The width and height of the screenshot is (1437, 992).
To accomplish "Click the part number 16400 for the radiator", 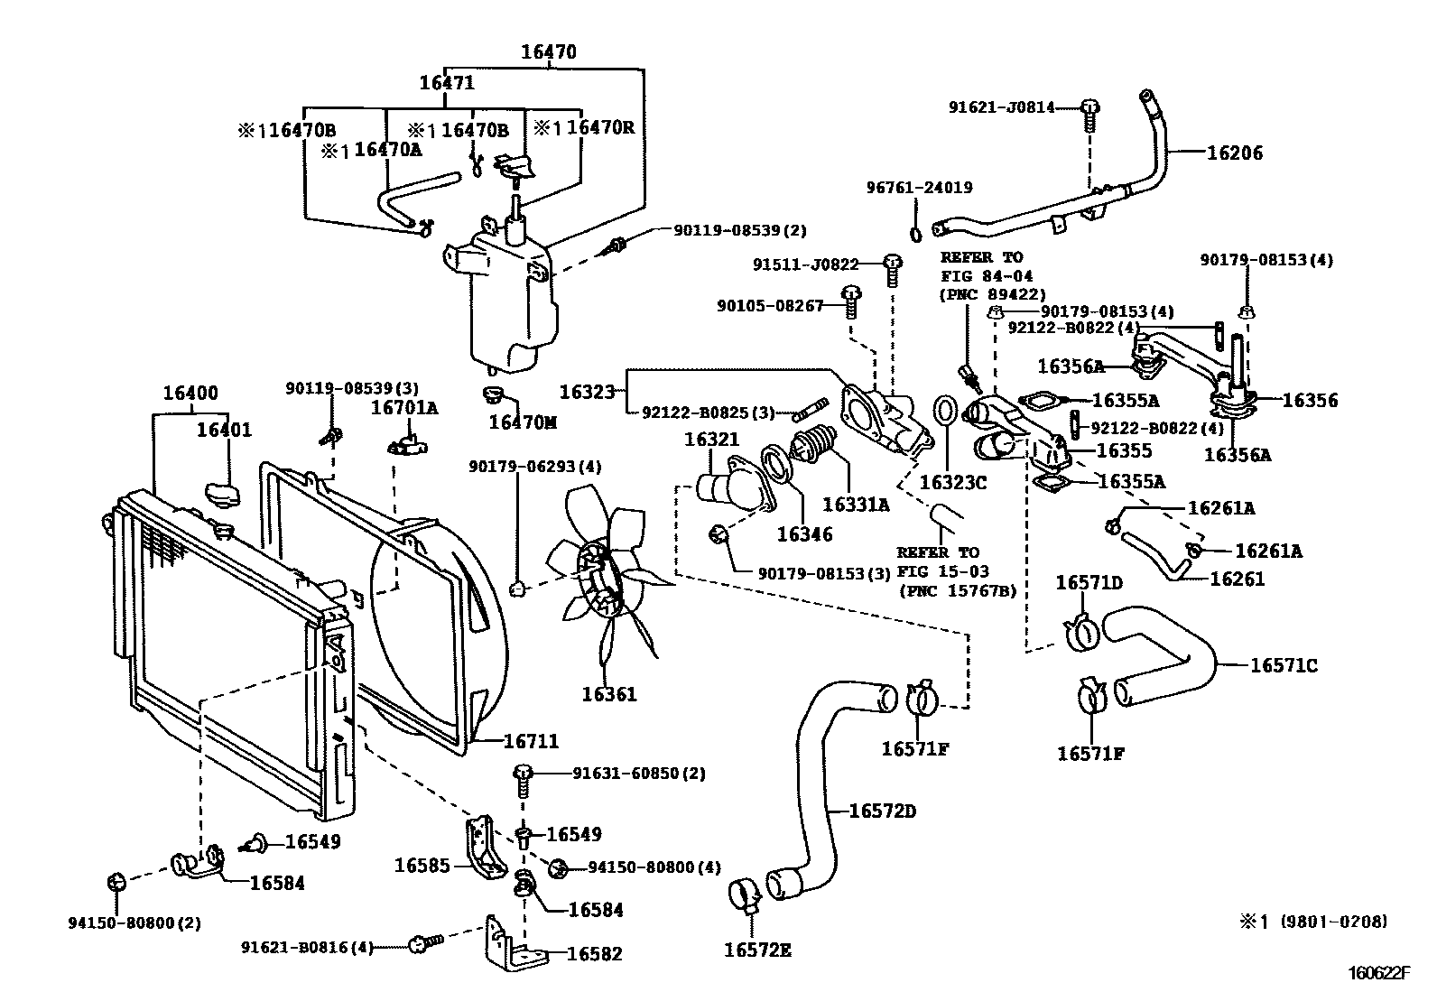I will pyautogui.click(x=190, y=394).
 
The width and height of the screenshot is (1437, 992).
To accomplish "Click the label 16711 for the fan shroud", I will pyautogui.click(x=531, y=741).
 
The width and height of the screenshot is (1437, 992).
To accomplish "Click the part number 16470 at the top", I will pyautogui.click(x=548, y=52).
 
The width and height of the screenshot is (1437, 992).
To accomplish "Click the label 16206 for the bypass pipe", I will pyautogui.click(x=1235, y=153).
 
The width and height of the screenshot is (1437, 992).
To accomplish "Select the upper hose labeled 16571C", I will pyautogui.click(x=1164, y=654).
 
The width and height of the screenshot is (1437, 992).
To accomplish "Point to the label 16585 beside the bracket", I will pyautogui.click(x=422, y=866).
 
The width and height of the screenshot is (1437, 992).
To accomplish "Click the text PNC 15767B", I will pyautogui.click(x=958, y=591).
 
